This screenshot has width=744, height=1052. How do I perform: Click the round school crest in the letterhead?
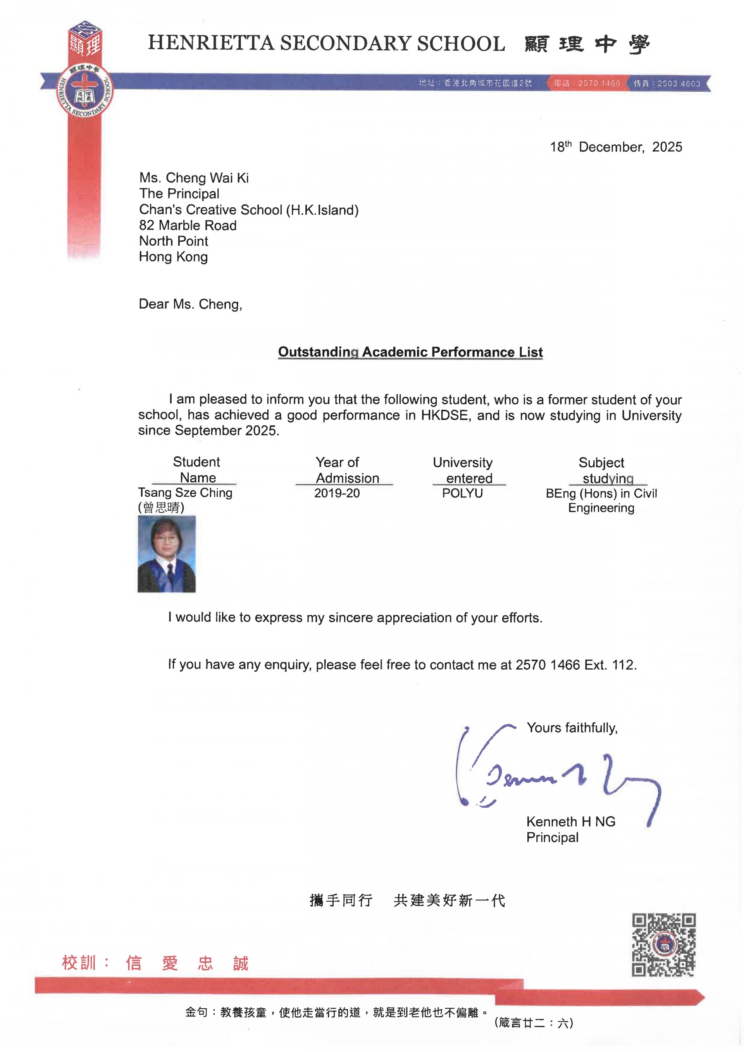pyautogui.click(x=85, y=91)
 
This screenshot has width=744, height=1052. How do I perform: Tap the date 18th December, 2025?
pyautogui.click(x=616, y=147)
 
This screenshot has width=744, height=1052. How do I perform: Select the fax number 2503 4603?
pyautogui.click(x=679, y=83)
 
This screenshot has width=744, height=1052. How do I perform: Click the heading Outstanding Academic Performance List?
pyautogui.click(x=410, y=352)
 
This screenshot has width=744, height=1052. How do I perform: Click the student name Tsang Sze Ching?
pyautogui.click(x=185, y=492)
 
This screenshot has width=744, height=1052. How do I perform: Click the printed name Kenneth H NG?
pyautogui.click(x=570, y=821)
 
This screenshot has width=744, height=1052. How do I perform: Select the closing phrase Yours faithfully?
pyautogui.click(x=572, y=728)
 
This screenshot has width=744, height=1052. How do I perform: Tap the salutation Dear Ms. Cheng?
pyautogui.click(x=190, y=304)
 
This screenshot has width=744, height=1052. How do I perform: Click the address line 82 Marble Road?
pyautogui.click(x=188, y=226)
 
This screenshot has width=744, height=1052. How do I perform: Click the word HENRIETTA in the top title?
pyautogui.click(x=211, y=43)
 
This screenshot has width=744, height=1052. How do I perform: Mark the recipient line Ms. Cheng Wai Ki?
pyautogui.click(x=194, y=178)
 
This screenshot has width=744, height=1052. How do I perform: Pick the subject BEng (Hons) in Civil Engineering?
pyautogui.click(x=601, y=500)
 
